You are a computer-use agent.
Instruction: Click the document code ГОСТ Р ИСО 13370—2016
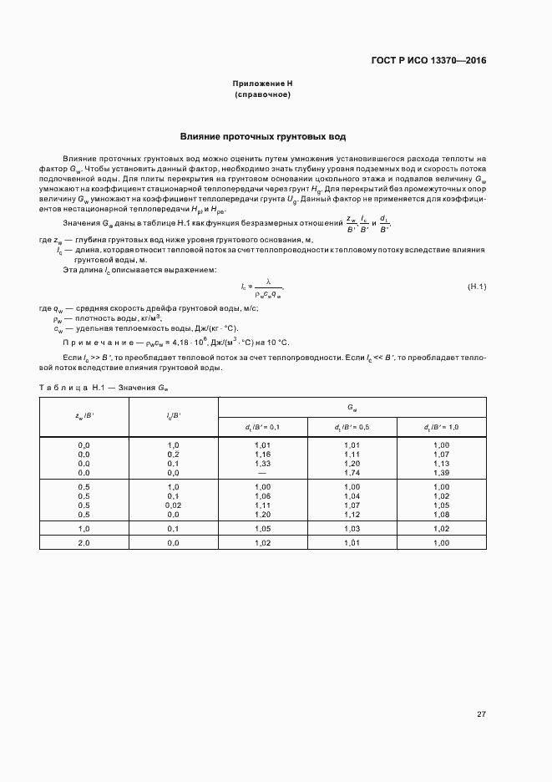pos(428,60)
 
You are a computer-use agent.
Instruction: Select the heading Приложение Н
pos(262,84)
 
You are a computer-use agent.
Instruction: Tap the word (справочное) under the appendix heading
pos(262,95)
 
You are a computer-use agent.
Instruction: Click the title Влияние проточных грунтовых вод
pos(263,136)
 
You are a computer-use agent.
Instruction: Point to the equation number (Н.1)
pos(476,287)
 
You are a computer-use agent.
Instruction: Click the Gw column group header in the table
pos(352,407)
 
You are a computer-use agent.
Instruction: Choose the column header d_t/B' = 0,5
pos(352,427)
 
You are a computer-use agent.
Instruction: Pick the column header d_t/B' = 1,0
pos(441,427)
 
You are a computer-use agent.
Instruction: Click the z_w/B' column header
pos(84,416)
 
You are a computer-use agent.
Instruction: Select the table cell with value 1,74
pos(352,473)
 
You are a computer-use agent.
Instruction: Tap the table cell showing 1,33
pos(262,464)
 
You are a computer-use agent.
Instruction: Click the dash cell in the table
pos(262,473)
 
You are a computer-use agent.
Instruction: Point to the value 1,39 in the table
pos(441,473)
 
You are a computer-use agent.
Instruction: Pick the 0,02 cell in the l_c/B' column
pos(174,505)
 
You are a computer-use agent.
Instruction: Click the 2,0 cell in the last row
pos(84,543)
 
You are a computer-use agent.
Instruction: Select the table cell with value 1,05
pos(262,529)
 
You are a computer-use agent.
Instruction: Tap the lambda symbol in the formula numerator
pos(268,282)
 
